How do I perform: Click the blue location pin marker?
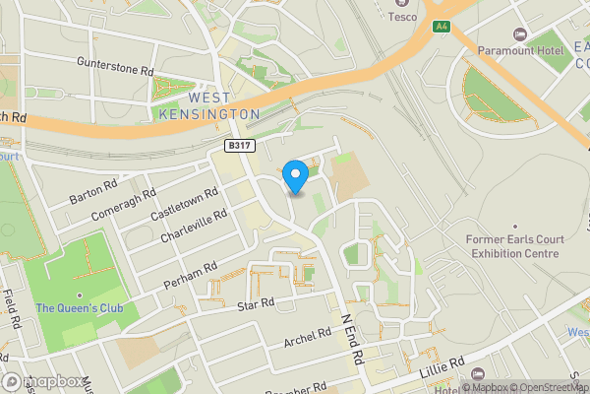pos(295,175)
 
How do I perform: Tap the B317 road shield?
pos(235,146)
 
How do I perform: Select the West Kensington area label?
pos(209,106)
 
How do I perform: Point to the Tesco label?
pos(402,16)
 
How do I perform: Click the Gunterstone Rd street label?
pos(116,65)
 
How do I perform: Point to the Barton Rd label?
pos(93,191)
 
